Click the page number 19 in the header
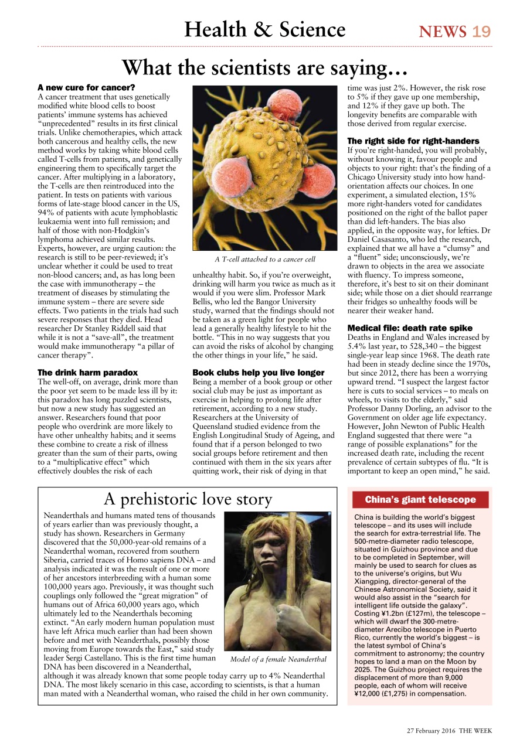tap(481, 31)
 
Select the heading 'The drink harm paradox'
tap(87, 372)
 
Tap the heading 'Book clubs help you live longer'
tap(258, 372)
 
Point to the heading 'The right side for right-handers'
tap(413, 141)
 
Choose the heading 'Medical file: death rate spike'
tap(409, 328)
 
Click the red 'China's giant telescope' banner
tap(420, 500)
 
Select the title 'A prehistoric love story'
tap(188, 499)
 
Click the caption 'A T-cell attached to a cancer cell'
tap(264, 259)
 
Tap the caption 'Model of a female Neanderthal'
tap(278, 659)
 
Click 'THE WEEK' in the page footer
tap(475, 730)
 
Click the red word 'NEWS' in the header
tap(443, 31)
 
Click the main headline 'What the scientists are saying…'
tap(264, 68)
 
